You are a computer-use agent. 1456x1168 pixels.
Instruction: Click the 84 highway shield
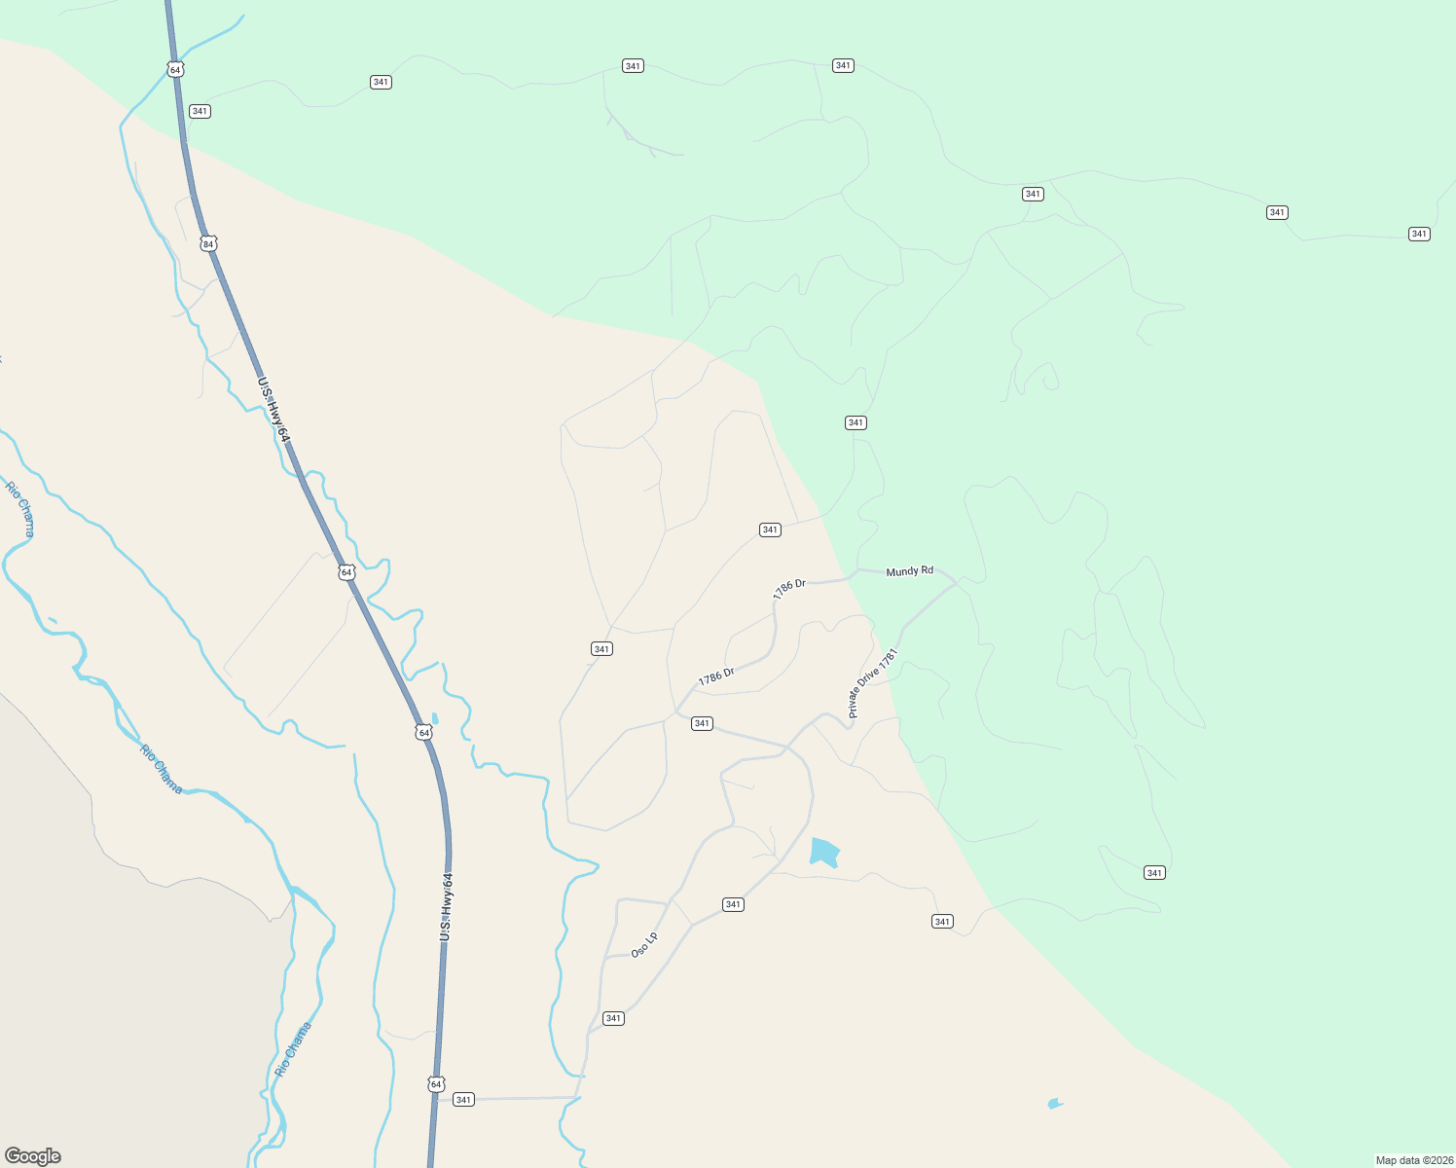[208, 243]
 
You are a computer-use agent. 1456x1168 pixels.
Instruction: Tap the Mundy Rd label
[909, 571]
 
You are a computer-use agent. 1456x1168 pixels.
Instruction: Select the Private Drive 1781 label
[872, 683]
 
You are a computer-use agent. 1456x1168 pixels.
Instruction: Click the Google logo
[33, 1156]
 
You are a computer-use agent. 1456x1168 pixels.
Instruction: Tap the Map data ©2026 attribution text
[1413, 1160]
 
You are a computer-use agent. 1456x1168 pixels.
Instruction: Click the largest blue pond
[823, 852]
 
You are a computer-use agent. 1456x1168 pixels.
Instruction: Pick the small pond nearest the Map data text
[1054, 1104]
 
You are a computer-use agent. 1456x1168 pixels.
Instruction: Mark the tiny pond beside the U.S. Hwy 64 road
[434, 719]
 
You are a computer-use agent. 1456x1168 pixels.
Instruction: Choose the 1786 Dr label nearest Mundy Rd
[789, 589]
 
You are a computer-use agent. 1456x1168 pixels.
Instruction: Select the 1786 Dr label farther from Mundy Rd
[716, 676]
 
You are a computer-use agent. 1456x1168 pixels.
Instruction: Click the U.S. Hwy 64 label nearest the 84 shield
[274, 410]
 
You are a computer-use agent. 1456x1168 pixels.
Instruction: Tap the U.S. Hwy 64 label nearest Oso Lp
[447, 906]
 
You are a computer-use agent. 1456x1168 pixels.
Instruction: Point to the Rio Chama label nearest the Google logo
[294, 1048]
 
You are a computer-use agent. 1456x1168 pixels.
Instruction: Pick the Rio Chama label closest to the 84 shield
[20, 509]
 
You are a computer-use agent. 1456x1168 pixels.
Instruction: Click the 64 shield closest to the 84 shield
[174, 69]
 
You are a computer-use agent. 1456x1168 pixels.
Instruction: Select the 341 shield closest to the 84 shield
[200, 111]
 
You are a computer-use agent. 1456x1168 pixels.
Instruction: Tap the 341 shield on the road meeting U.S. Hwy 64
[463, 1100]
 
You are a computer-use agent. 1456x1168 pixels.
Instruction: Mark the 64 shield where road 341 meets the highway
[436, 1083]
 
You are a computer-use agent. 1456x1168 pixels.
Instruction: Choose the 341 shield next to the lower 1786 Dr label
[702, 723]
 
